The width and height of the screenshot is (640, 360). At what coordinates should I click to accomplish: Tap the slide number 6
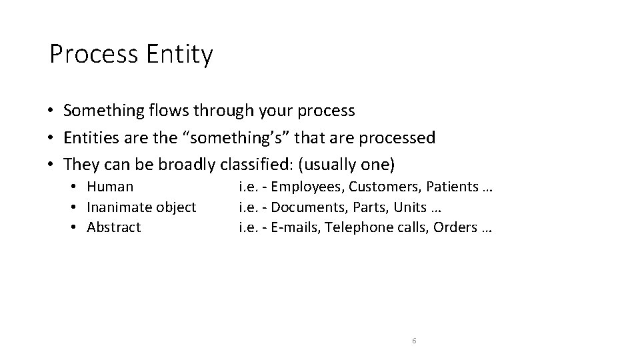point(414,341)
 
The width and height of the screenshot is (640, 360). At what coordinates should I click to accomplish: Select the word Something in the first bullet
point(104,110)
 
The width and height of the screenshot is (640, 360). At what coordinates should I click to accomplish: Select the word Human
point(110,187)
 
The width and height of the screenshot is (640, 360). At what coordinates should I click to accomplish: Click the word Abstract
point(114,227)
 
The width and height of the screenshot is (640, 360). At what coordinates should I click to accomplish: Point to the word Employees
point(307,187)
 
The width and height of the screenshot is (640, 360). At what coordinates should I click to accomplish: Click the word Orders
point(454,227)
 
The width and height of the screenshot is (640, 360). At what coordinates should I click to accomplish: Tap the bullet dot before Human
point(78,187)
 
